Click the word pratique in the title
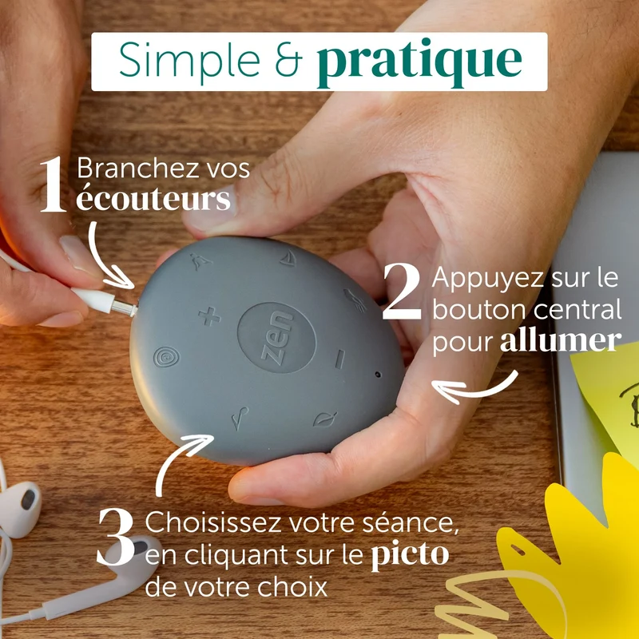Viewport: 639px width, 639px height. point(419,62)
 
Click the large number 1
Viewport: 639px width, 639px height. point(53,185)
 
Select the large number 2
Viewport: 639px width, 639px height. point(402,291)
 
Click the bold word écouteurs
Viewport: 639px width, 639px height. point(153,197)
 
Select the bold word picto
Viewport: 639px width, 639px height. point(410,554)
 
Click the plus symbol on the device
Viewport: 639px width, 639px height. point(209,316)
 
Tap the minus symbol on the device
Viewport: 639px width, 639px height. point(340,359)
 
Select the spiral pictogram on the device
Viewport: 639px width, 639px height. point(166,356)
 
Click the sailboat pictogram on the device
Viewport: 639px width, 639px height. point(288,257)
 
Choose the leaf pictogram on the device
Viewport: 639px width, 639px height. point(325,419)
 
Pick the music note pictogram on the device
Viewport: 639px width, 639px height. point(240,418)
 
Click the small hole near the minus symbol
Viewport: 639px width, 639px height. point(378,374)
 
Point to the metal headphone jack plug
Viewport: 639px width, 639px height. point(124,308)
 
